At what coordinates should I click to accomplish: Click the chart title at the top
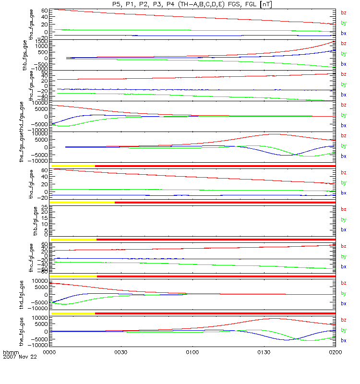click(192, 4)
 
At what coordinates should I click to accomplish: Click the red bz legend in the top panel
click(343, 13)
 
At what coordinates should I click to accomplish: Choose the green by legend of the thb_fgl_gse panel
click(343, 219)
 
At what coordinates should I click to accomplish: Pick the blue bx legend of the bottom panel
click(343, 340)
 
